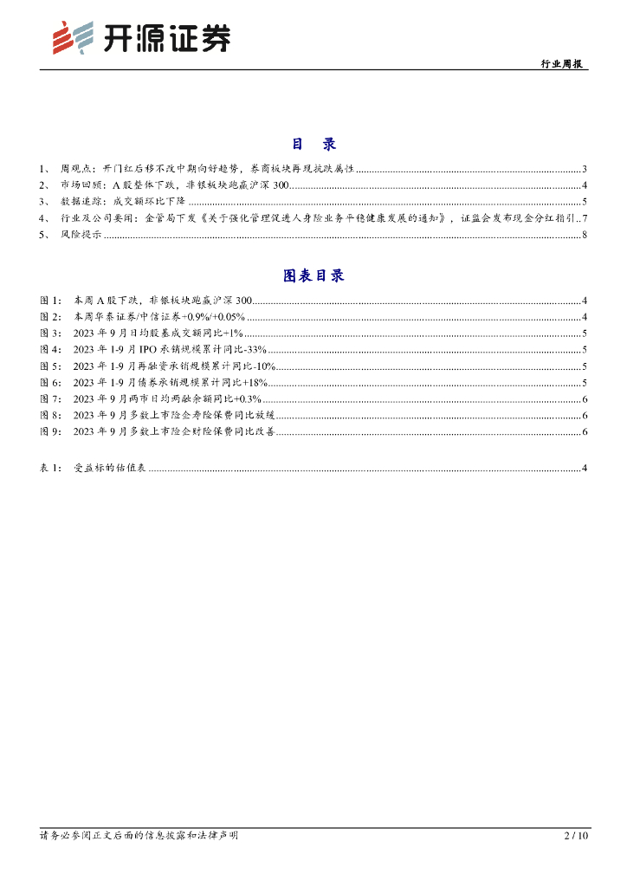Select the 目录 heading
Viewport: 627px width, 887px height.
[313, 144]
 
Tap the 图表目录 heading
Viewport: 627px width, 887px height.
[313, 275]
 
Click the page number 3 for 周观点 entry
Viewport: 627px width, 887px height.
[585, 169]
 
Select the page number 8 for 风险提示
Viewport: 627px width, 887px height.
[585, 234]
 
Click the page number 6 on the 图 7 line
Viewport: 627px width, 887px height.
[585, 398]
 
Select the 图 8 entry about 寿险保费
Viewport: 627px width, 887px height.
[174, 415]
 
